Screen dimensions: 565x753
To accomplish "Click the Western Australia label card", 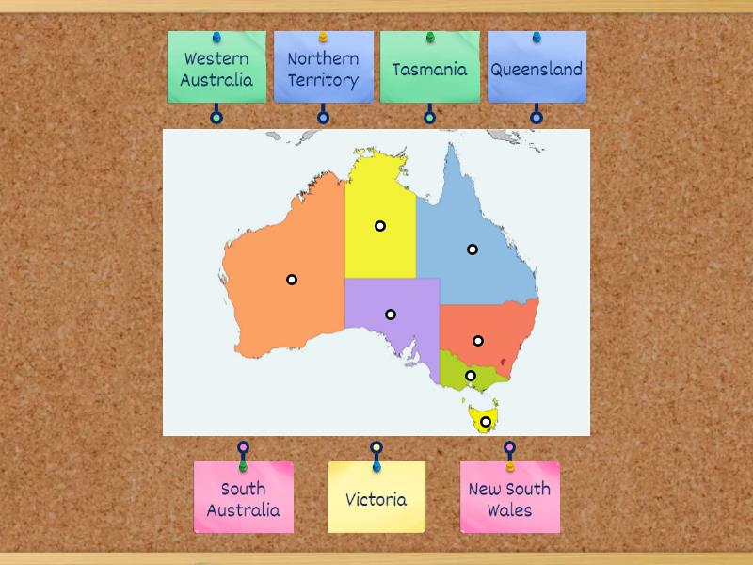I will (216, 69).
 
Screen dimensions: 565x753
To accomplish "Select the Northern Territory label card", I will (323, 69).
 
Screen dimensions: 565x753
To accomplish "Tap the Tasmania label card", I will (429, 69).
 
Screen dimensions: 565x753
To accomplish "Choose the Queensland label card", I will (537, 69).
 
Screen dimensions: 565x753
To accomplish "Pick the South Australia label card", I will (243, 499).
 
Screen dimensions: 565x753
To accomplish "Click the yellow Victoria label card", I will (376, 499).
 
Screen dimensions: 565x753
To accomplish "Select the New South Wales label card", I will (509, 499).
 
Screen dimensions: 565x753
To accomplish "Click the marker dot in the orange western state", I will (292, 280).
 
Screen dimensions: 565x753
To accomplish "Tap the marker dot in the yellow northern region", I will (380, 226).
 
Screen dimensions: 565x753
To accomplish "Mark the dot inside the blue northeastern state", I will (473, 250).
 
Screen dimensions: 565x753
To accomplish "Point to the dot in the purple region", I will (391, 315).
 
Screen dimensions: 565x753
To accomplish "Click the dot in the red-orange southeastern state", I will (478, 341).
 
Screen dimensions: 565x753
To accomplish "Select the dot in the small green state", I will (471, 377).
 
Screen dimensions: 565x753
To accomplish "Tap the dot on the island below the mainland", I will (486, 422).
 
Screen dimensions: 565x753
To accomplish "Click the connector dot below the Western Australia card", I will (216, 118).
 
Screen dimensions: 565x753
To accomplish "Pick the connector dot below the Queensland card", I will (537, 118).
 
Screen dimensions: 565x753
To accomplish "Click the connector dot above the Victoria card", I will (376, 447).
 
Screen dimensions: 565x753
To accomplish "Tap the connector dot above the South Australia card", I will (243, 447).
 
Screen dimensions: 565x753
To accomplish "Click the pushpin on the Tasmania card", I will (430, 38).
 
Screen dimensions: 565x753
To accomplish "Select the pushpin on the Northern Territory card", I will (323, 38).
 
